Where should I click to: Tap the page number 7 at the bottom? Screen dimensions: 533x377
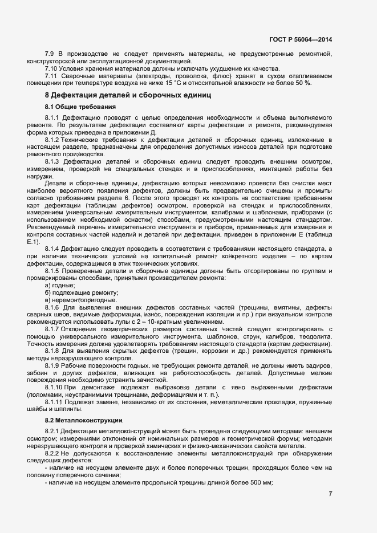pos(330,493)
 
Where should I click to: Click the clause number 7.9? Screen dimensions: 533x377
pos(49,54)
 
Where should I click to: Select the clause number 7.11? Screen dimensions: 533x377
pos(51,75)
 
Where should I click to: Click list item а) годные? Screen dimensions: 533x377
pos(60,284)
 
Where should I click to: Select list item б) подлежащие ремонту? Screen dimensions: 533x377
pos(73,292)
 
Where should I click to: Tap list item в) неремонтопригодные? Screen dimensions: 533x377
pos(73,299)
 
